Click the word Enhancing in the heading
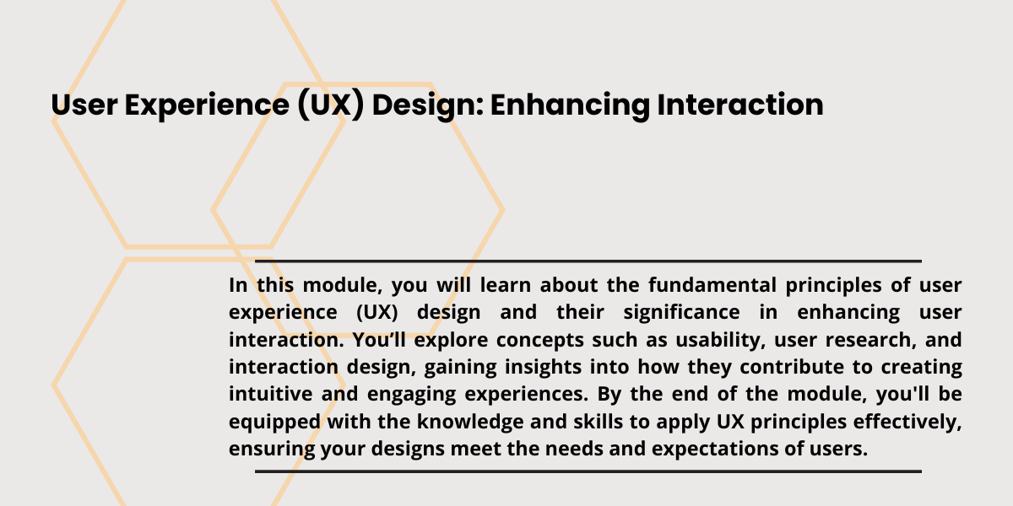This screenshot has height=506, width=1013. click(562, 105)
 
